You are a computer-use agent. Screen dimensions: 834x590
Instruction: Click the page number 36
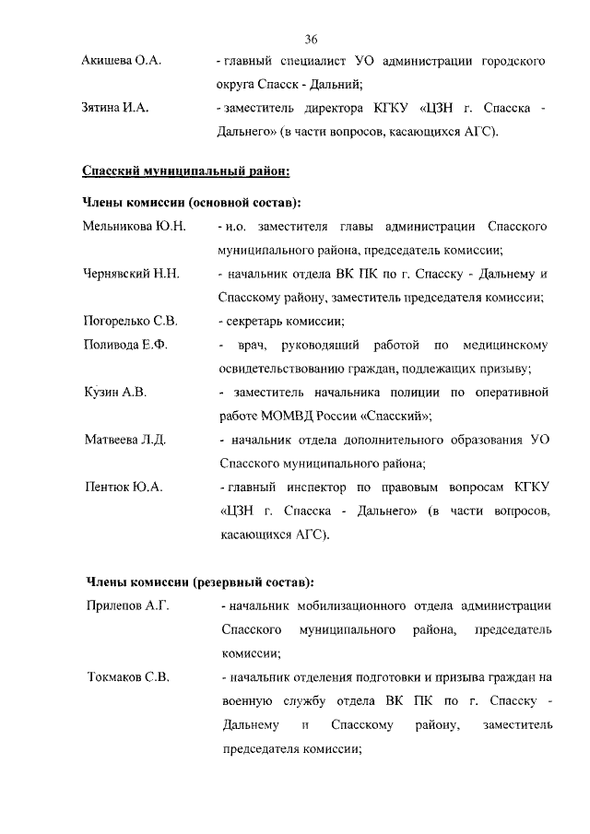(310, 39)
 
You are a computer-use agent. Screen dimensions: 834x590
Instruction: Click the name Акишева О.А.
(122, 61)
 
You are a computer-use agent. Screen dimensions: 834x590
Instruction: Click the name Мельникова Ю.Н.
(135, 226)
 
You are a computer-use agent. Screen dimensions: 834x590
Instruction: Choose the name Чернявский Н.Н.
(132, 274)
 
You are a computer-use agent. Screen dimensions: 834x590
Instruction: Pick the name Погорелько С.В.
(131, 322)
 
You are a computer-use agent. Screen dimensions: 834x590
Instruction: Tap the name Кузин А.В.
(114, 393)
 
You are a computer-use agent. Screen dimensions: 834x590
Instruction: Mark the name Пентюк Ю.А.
(124, 487)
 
